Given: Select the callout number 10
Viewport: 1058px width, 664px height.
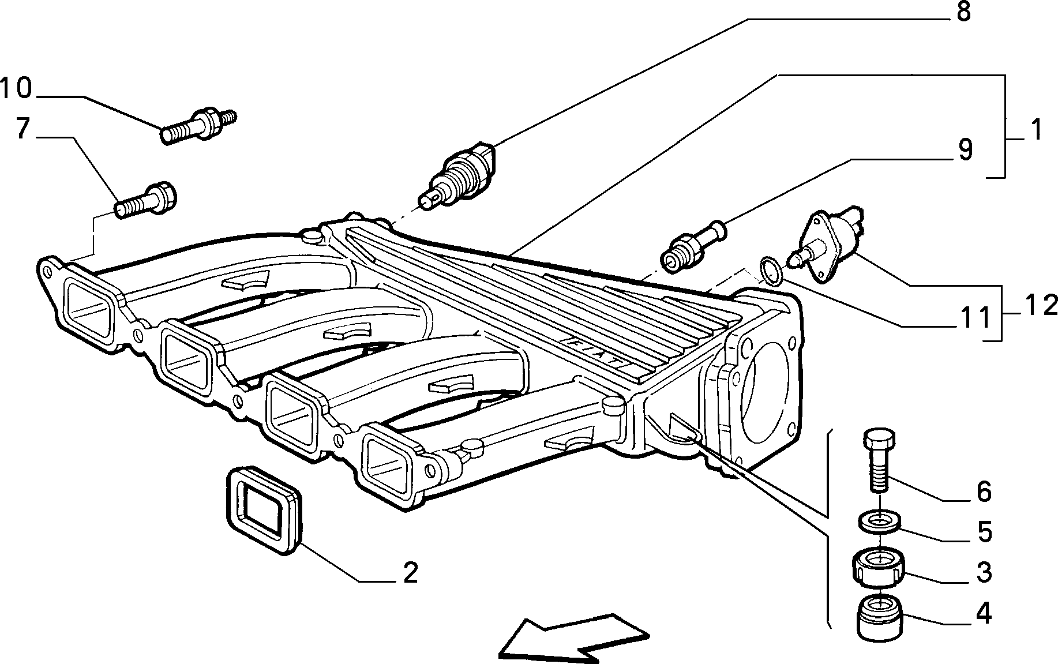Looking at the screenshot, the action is click(x=17, y=88).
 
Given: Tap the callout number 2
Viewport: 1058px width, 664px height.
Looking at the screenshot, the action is click(x=410, y=573).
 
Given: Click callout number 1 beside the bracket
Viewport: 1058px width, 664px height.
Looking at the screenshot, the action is click(x=1037, y=130).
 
